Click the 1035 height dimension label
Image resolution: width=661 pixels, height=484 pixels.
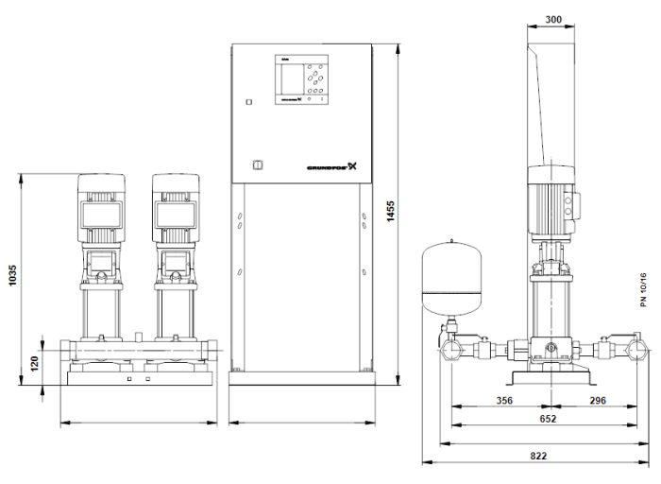(11, 280)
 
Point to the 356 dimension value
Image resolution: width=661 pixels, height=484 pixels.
(504, 400)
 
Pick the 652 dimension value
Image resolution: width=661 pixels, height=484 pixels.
(548, 419)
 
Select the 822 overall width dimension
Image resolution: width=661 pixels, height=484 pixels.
(537, 456)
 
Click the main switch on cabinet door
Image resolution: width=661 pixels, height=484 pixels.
(252, 167)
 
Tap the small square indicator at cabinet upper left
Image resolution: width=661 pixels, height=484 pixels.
(248, 101)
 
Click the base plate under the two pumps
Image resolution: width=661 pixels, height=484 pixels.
(138, 378)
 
